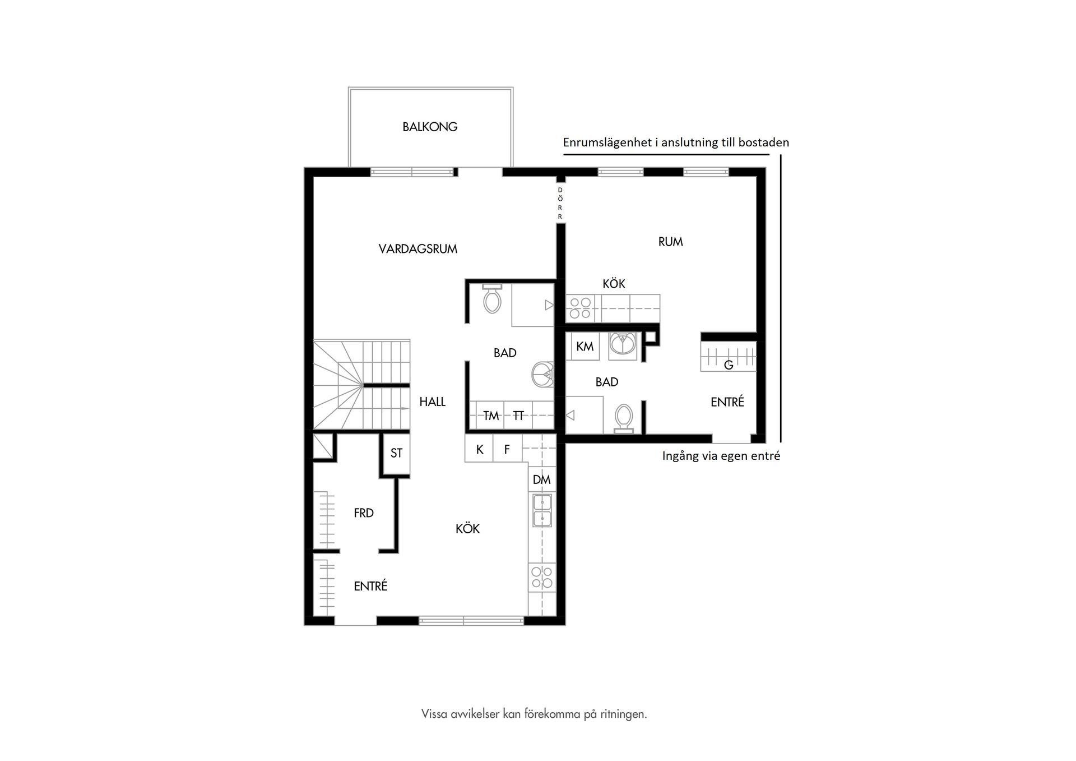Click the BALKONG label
click(x=430, y=127)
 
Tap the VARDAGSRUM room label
click(x=418, y=249)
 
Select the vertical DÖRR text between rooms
click(x=560, y=204)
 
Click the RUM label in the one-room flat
click(x=670, y=242)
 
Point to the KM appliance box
click(x=585, y=347)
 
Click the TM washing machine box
click(x=490, y=416)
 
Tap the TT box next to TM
click(x=518, y=416)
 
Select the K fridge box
click(x=479, y=449)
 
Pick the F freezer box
click(x=507, y=449)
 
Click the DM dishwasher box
click(x=541, y=479)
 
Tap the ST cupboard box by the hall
click(x=396, y=453)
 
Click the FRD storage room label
click(x=364, y=513)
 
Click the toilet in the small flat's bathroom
click(x=623, y=418)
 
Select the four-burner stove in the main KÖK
click(x=542, y=577)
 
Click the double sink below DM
click(x=542, y=510)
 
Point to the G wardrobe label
click(x=729, y=365)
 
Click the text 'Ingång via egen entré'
click(x=721, y=456)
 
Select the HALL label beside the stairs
click(x=432, y=402)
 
